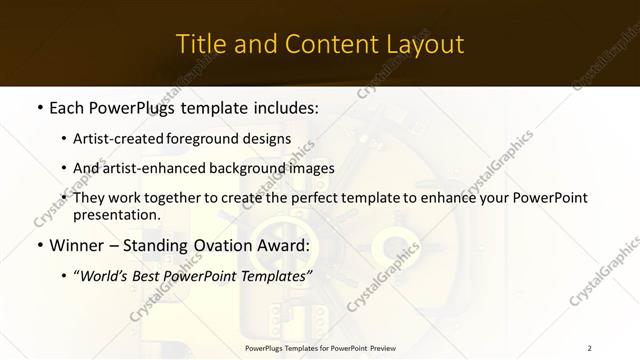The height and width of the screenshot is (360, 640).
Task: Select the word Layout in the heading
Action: pos(422,45)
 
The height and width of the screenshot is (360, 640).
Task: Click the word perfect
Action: pos(316,197)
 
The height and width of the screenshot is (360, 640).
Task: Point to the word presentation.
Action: pos(117,214)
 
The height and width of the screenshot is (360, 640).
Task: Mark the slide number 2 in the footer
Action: pos(590,348)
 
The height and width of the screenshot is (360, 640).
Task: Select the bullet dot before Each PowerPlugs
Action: pos(38,107)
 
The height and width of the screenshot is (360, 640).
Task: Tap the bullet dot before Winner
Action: pos(38,246)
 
